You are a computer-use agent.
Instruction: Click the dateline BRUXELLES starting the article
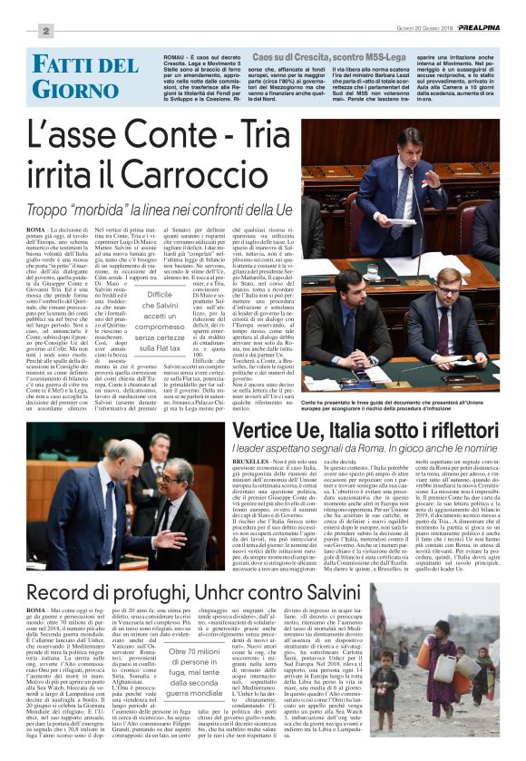click(x=251, y=462)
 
